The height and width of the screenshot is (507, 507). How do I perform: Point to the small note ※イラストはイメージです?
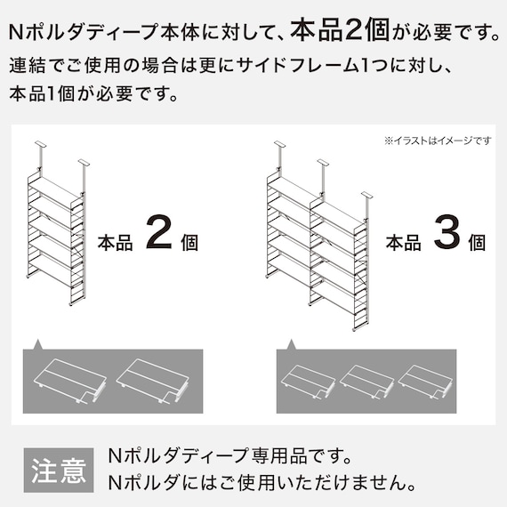(x=437, y=141)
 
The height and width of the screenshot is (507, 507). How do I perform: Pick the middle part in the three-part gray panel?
(x=366, y=380)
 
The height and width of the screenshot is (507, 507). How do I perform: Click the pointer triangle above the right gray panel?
(x=290, y=344)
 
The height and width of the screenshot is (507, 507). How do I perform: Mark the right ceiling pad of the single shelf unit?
(x=84, y=162)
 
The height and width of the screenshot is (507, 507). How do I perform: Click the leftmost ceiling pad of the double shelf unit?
(x=279, y=143)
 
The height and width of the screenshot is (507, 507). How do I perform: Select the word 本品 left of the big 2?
(x=115, y=242)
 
